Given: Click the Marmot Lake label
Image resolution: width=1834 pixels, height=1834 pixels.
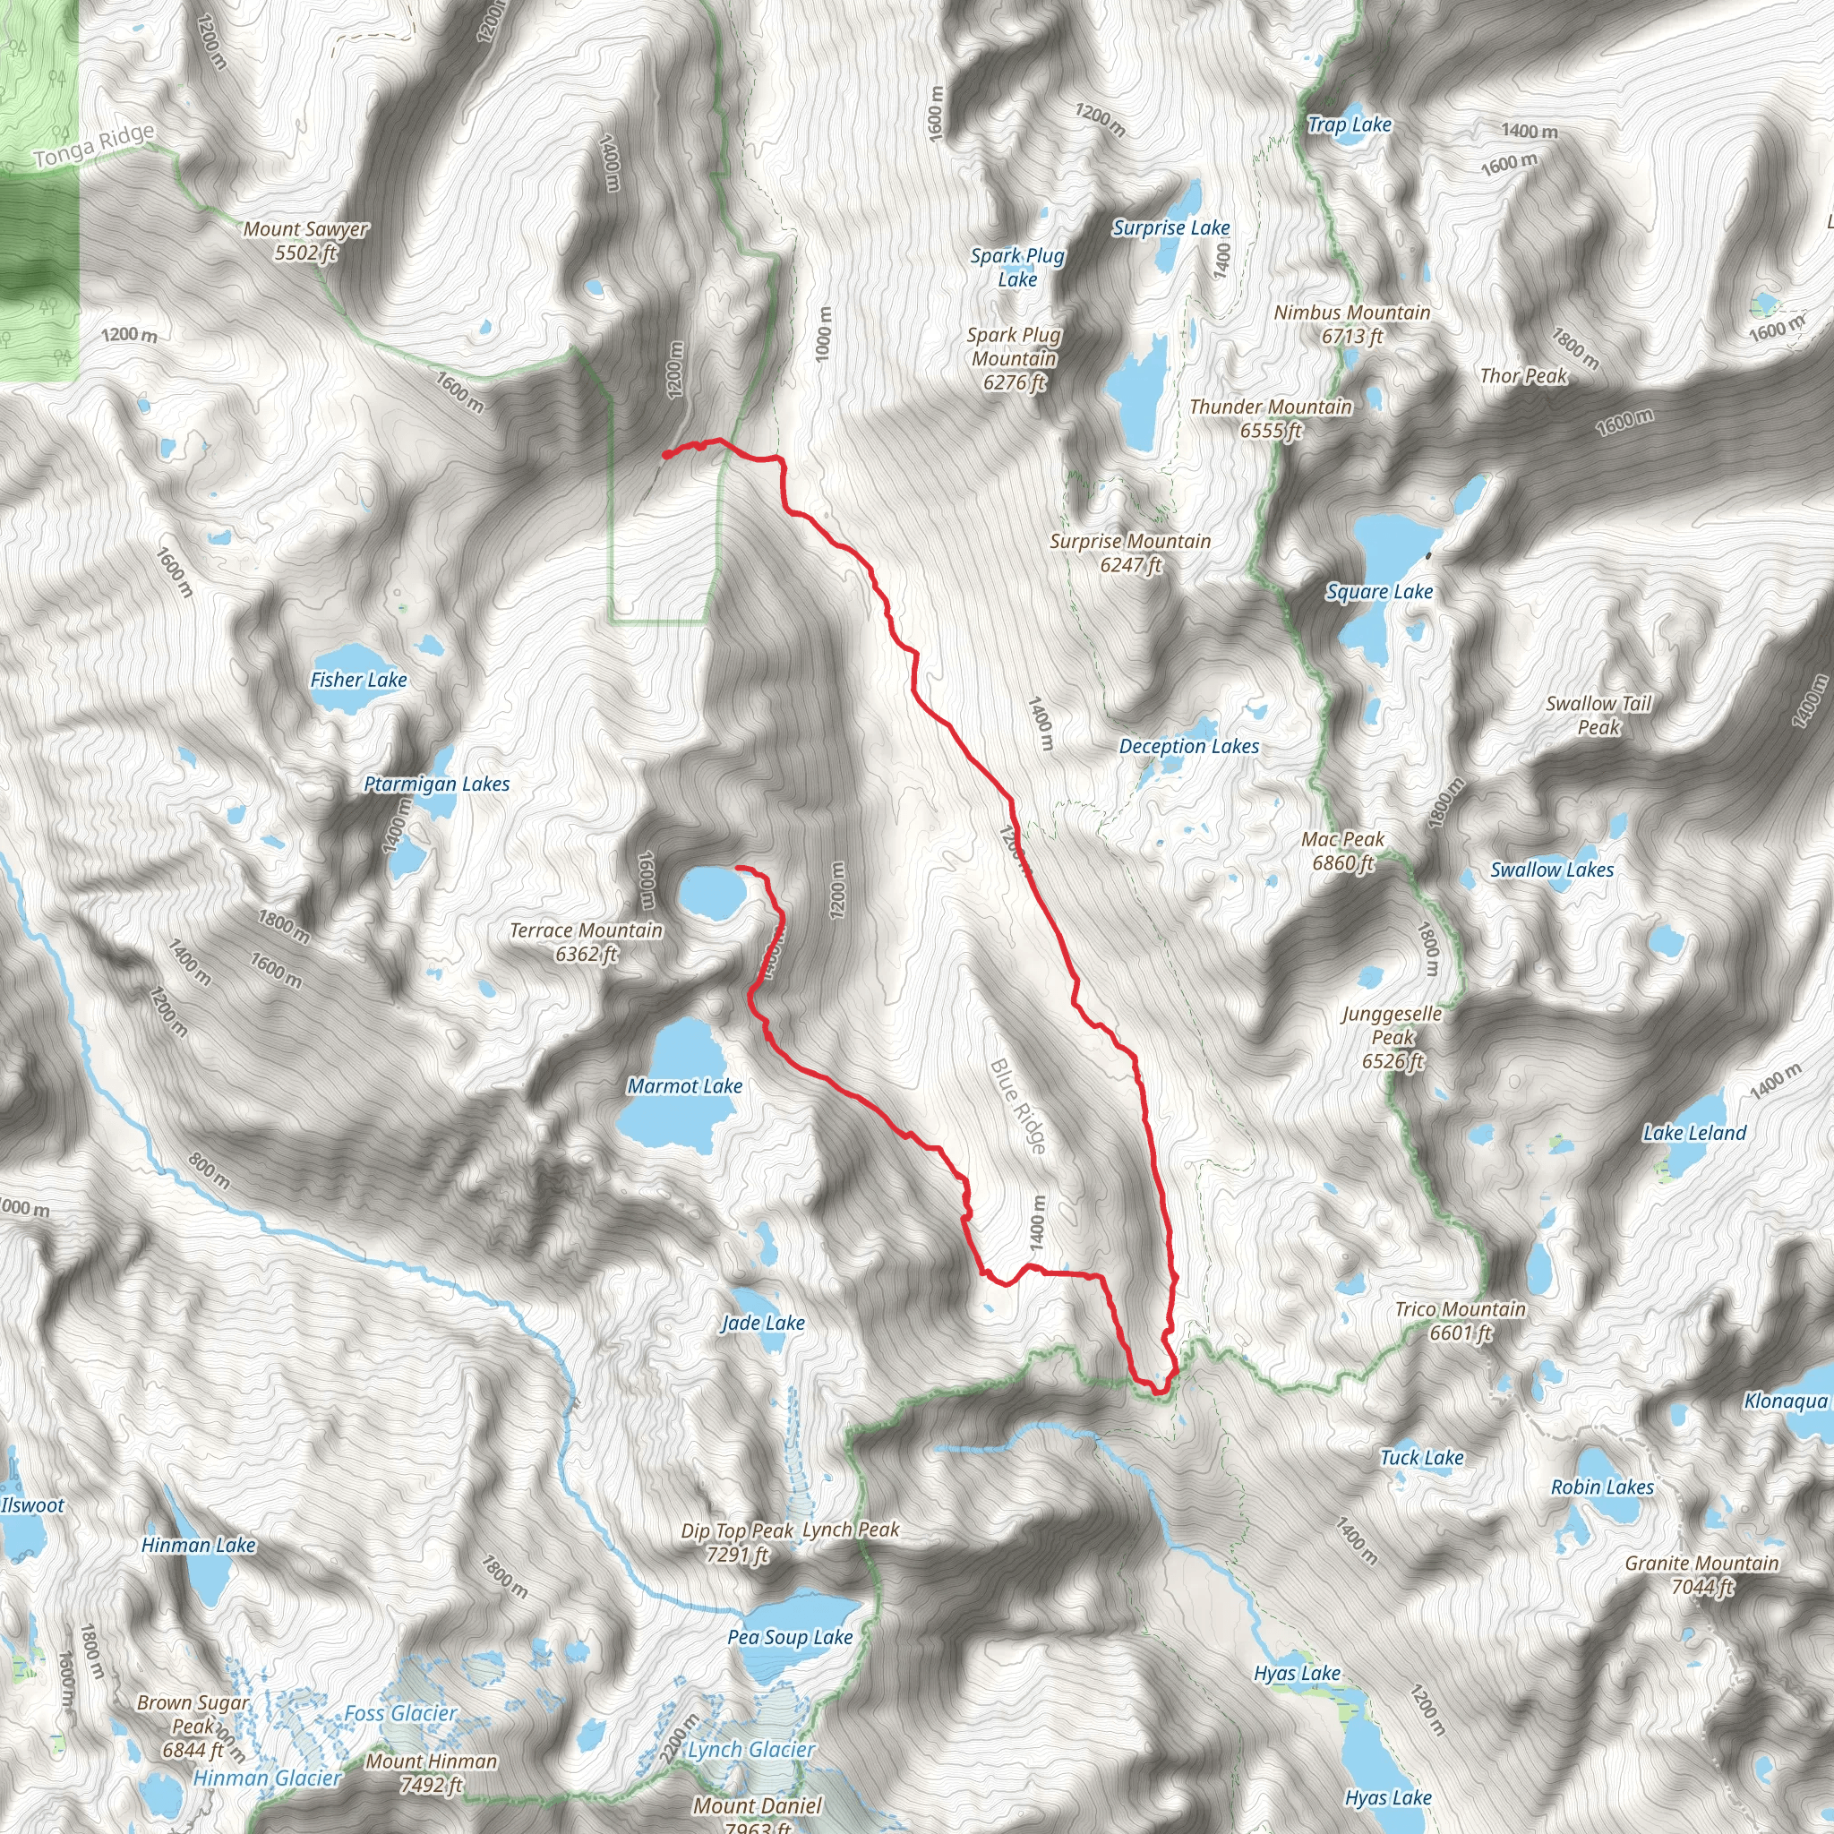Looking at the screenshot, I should point(684,1086).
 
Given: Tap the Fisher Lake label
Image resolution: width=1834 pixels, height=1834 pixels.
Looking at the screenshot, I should point(358,680).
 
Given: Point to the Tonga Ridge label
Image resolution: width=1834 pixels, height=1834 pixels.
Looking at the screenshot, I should point(94,146).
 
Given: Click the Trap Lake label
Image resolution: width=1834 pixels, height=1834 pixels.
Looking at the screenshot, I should point(1349,124).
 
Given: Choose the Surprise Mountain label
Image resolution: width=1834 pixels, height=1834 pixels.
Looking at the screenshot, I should point(1129,541).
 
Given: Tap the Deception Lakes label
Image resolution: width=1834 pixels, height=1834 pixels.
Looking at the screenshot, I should point(1188,746).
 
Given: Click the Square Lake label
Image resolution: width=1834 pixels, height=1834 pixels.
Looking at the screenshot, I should point(1379,591).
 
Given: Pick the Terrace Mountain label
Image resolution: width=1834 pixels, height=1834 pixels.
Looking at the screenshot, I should point(586,930).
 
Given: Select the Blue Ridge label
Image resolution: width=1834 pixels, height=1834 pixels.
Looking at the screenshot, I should point(1017,1107).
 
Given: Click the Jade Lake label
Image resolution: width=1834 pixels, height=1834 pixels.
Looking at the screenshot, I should point(762,1323).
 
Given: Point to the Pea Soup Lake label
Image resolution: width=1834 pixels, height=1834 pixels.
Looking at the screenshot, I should point(790,1637).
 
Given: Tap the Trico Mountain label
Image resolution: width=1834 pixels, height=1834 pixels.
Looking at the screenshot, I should point(1460,1309).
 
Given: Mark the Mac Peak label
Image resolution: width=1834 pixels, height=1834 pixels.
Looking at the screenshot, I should point(1342,839).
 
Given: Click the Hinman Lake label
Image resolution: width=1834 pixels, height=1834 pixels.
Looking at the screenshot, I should point(199,1545).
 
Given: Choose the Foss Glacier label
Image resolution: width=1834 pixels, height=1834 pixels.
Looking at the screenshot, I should point(399,1712).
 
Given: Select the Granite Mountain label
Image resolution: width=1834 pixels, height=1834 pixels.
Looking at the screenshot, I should point(1701,1563).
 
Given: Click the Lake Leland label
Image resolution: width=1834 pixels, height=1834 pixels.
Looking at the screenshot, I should point(1694,1133).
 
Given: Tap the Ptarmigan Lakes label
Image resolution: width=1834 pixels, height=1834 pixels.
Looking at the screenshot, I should point(437,784).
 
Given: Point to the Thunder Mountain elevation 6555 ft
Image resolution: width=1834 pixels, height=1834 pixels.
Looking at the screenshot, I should point(1270,431).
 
